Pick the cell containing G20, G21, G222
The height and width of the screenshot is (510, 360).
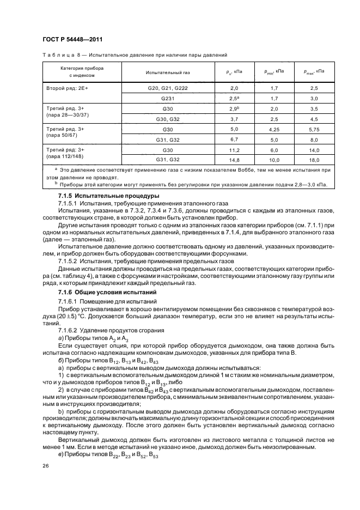[x=167, y=87]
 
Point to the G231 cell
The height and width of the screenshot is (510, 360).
[x=167, y=98]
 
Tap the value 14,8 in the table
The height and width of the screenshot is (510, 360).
[x=235, y=160]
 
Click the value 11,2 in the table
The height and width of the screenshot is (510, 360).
[x=235, y=149]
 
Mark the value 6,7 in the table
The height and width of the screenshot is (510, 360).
[x=235, y=139]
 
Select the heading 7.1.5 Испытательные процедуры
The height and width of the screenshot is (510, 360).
[x=101, y=195]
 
